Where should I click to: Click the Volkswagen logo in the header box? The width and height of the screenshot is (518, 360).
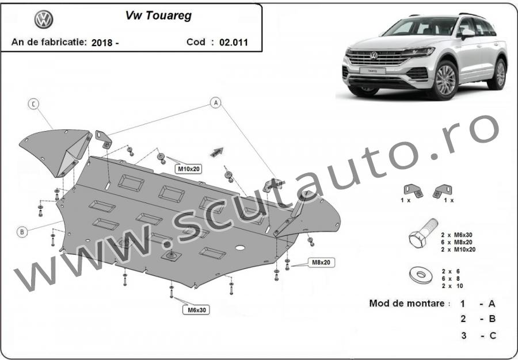(44, 19)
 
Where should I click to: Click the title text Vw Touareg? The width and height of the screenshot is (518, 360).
(159, 16)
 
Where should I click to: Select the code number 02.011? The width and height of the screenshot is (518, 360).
(234, 43)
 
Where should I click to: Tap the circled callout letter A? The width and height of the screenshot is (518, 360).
(216, 102)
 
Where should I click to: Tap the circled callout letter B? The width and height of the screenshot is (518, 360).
(22, 232)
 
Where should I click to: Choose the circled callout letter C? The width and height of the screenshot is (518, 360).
(33, 104)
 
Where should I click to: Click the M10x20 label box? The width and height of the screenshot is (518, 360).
(189, 169)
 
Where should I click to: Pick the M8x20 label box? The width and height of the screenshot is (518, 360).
(321, 263)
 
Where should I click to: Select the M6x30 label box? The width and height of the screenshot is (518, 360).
(197, 310)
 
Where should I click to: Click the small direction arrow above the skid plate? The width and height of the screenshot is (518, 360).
(217, 152)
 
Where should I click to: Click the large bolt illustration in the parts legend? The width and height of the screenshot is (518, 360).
(423, 233)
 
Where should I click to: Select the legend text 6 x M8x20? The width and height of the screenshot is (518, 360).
(457, 242)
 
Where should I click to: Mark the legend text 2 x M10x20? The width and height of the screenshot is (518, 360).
(459, 250)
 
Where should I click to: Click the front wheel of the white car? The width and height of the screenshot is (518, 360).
(445, 80)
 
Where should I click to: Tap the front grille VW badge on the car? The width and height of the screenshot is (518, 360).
(374, 55)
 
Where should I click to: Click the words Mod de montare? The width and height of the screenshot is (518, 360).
(407, 303)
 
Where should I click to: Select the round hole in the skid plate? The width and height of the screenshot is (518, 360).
(240, 247)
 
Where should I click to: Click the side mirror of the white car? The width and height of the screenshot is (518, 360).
(466, 33)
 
